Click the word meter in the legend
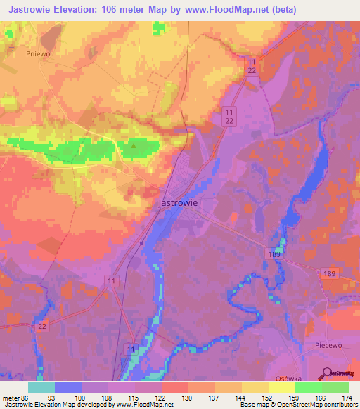(x=12, y=397)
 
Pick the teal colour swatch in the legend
(x=41, y=387)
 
